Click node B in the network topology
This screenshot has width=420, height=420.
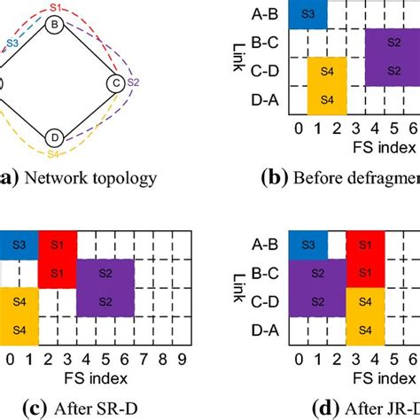(54, 27)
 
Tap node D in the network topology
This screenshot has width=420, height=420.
(55, 138)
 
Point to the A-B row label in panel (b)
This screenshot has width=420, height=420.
(267, 13)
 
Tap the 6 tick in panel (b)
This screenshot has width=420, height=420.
(413, 131)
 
